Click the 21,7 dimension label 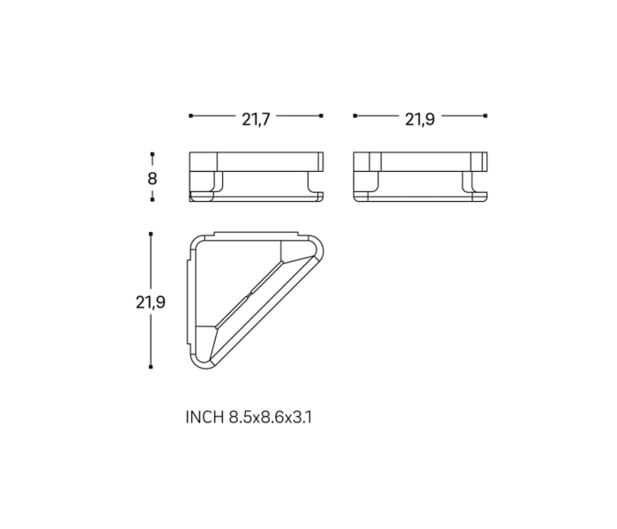click(x=256, y=119)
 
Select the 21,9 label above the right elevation click(x=420, y=119)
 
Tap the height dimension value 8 click(x=152, y=178)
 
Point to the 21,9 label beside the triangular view click(x=151, y=302)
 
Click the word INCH click(x=204, y=417)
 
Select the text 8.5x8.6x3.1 click(x=271, y=417)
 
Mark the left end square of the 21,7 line click(x=191, y=115)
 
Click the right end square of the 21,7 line click(x=322, y=115)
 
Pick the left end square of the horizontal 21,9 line click(x=355, y=115)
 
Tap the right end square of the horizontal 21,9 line click(x=486, y=115)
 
